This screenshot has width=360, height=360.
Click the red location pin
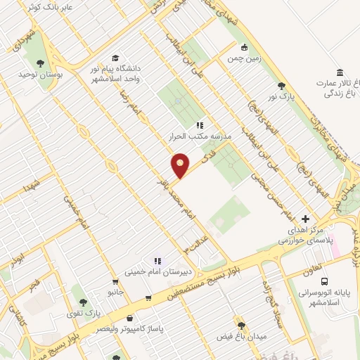[181, 165]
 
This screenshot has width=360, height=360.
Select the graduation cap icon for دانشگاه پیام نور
[115, 58]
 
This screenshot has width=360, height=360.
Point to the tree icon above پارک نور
[282, 85]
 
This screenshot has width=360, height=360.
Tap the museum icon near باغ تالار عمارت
[340, 73]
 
